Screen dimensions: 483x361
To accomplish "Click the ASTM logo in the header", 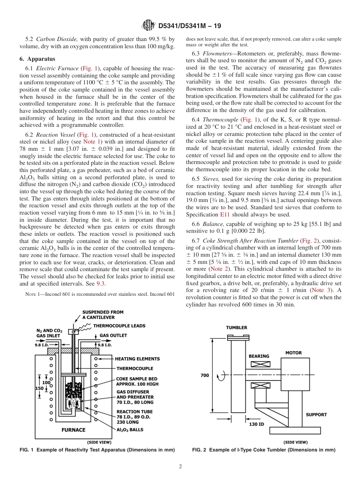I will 148,25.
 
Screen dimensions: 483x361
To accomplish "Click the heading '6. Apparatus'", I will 37,59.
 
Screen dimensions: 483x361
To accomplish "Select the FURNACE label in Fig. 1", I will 74,430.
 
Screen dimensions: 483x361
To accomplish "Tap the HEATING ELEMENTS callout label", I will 137,358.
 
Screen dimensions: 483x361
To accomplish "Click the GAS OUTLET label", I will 113,335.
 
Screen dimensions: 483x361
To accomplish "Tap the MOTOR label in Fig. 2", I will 293,353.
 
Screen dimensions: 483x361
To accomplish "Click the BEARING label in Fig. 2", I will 259,356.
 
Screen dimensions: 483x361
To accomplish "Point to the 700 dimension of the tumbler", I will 204,375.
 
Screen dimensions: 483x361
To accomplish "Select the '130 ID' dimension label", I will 256,424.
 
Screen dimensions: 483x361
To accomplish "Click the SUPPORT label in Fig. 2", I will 316,414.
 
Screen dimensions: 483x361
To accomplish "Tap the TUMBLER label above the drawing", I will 236,327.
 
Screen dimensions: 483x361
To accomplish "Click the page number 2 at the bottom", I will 180,467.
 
